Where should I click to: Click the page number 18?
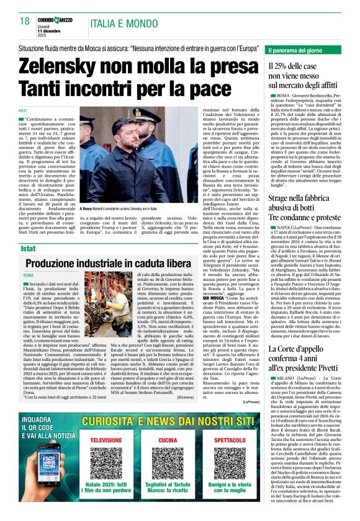click(x=25, y=21)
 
